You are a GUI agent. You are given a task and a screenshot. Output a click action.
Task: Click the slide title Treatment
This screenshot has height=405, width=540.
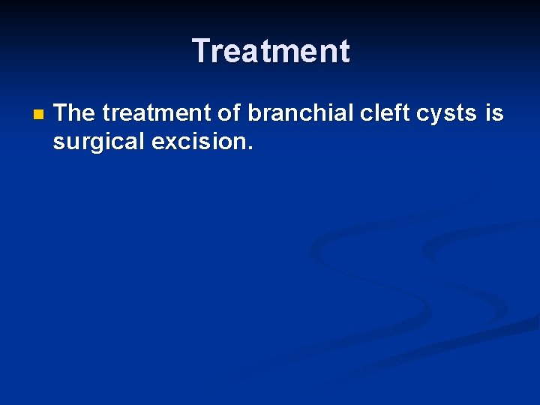(x=271, y=52)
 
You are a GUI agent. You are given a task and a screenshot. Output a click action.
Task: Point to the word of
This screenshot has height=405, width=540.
(x=229, y=113)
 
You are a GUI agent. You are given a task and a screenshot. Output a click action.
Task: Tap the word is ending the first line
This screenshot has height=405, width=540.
(x=494, y=113)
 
